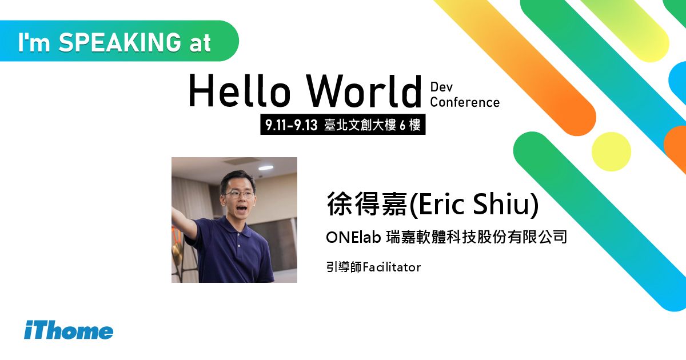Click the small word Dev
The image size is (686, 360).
(441, 87)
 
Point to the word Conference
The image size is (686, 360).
(465, 102)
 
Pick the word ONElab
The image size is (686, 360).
(353, 237)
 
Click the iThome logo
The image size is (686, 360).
(69, 331)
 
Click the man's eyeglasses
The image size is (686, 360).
(240, 194)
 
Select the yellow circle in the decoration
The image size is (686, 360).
(611, 151)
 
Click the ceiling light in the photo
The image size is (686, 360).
(266, 168)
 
